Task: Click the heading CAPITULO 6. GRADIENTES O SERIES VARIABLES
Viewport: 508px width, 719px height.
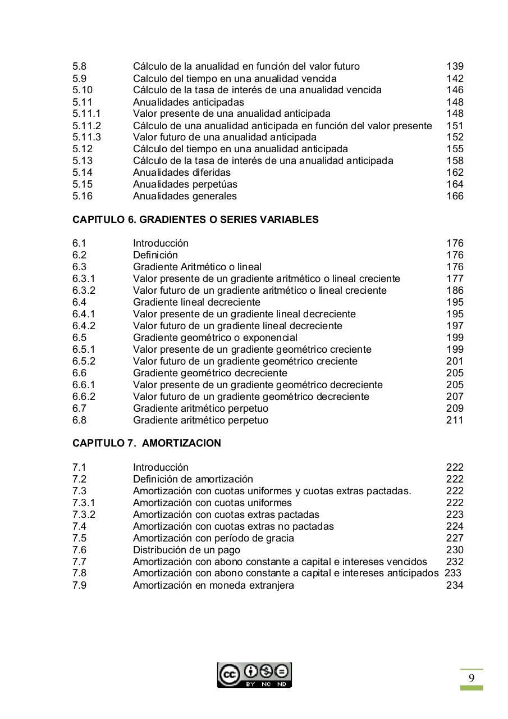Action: [195, 220]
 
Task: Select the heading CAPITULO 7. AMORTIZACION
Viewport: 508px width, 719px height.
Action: [147, 443]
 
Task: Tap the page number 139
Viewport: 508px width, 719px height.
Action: [455, 66]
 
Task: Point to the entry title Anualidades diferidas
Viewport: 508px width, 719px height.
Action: [181, 172]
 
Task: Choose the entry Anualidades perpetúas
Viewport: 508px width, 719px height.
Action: [185, 184]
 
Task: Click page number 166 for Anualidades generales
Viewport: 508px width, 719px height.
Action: [455, 196]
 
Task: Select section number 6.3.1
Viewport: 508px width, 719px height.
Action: [84, 279]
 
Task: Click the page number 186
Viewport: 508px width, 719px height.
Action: [455, 290]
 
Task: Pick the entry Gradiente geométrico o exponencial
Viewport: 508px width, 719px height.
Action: [215, 338]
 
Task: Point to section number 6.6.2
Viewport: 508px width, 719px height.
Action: [84, 397]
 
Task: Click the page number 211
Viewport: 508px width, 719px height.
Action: [455, 420]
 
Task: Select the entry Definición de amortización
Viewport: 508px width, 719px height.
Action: [193, 479]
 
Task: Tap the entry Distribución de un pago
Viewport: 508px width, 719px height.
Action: [186, 550]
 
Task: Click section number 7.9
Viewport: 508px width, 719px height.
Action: [79, 585]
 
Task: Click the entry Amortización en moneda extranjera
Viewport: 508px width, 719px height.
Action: [213, 585]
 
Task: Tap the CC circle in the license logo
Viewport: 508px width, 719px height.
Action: [229, 675]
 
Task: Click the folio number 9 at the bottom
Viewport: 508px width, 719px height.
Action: [472, 678]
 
